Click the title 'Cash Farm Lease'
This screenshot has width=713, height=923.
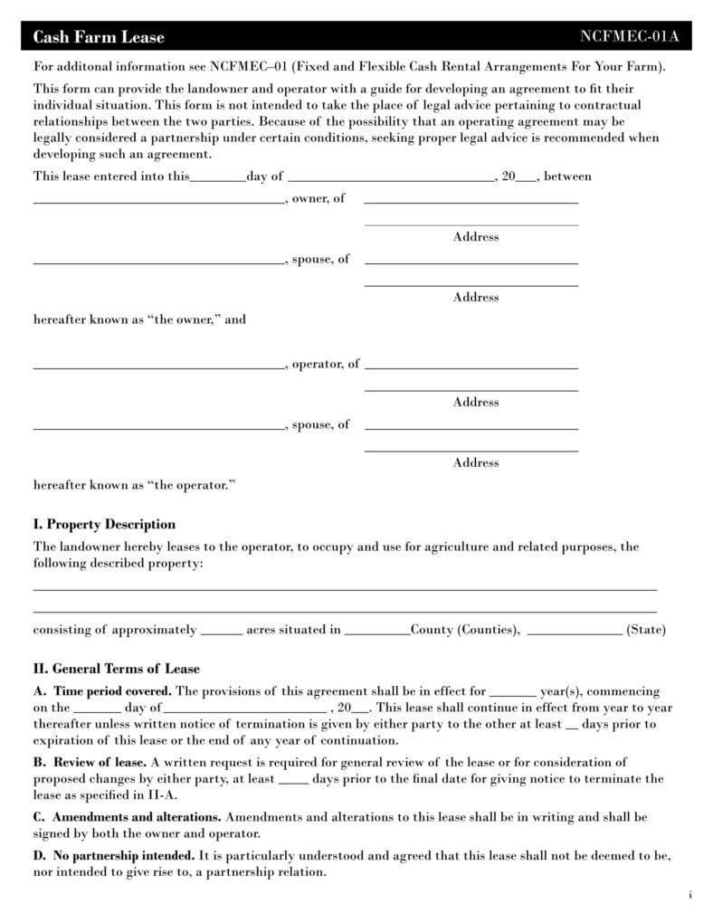coord(99,37)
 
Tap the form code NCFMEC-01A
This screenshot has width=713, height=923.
coord(629,37)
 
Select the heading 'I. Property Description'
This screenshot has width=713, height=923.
coord(104,525)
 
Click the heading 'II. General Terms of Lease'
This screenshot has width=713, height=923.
coord(117,669)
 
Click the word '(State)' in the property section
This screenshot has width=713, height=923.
coord(646,630)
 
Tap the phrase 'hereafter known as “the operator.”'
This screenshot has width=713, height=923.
coord(134,485)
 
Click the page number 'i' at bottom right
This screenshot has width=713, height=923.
coord(689,896)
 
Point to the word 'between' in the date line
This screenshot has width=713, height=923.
coord(567,176)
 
